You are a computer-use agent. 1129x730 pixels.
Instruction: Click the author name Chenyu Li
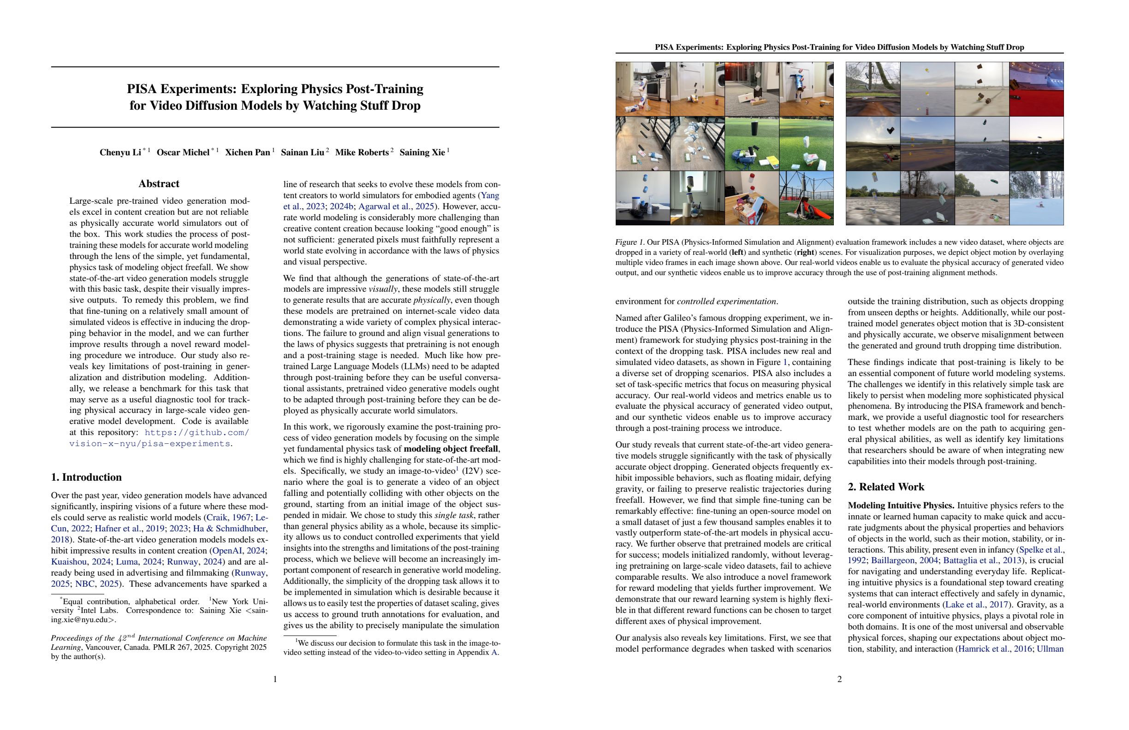120,153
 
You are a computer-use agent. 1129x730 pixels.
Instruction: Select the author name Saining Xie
422,153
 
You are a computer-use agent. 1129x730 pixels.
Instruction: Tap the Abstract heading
159,184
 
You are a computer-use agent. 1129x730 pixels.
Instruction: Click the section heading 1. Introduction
86,477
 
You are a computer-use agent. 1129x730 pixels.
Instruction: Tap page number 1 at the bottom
275,679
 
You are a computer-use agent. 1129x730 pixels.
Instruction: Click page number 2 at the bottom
839,679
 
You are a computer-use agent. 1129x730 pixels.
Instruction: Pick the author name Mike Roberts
362,153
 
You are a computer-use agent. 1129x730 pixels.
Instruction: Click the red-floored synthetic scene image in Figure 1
1036,89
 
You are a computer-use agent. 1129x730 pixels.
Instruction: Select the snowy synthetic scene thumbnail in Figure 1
1036,198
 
